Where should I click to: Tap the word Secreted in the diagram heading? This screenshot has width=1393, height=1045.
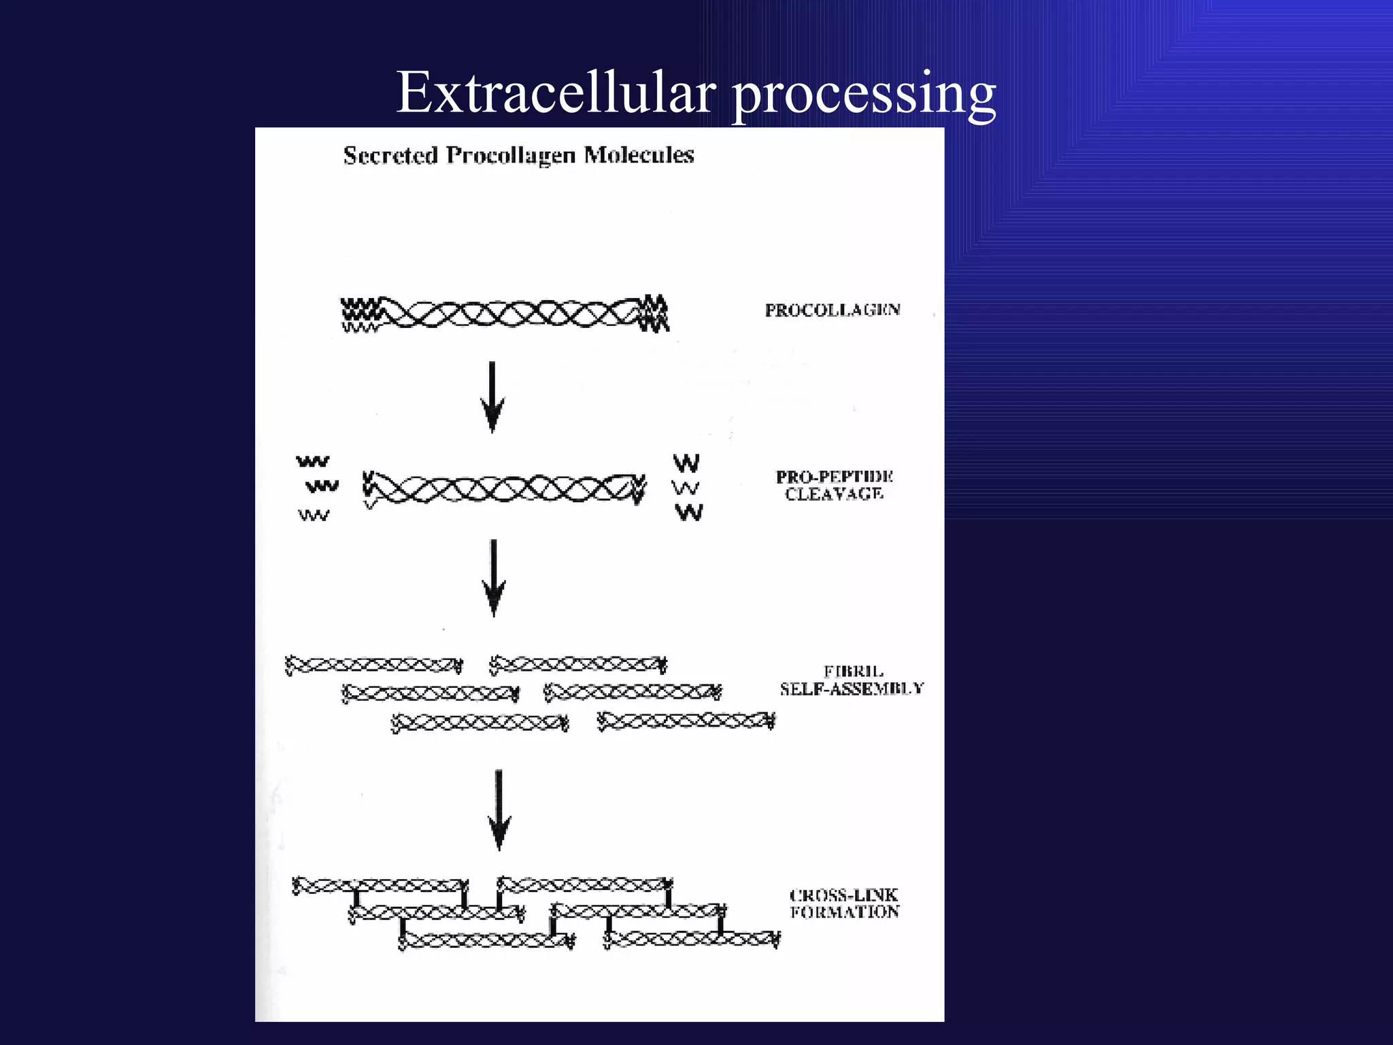[390, 155]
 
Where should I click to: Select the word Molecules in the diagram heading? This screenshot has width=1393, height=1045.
[639, 155]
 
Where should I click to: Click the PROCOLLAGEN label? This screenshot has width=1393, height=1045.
[833, 310]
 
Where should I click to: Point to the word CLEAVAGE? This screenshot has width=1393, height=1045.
[834, 494]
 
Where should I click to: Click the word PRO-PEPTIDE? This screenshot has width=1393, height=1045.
[835, 476]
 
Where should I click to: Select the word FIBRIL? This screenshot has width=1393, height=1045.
[853, 671]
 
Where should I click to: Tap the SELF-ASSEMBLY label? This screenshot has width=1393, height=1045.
[852, 689]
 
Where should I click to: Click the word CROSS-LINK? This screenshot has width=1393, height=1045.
[843, 895]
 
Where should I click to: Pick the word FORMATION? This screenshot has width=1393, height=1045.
[844, 912]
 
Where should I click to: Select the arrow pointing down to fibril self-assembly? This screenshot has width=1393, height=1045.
[494, 578]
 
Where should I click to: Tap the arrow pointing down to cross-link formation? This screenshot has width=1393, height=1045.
[499, 810]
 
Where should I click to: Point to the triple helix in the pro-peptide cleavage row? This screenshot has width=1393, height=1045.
[504, 488]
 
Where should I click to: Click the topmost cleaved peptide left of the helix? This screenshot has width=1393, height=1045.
[312, 462]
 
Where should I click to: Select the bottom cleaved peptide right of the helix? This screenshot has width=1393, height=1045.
[689, 512]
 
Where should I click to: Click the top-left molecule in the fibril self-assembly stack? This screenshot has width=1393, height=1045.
[373, 665]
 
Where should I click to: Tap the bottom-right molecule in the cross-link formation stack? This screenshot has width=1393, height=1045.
[692, 940]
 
